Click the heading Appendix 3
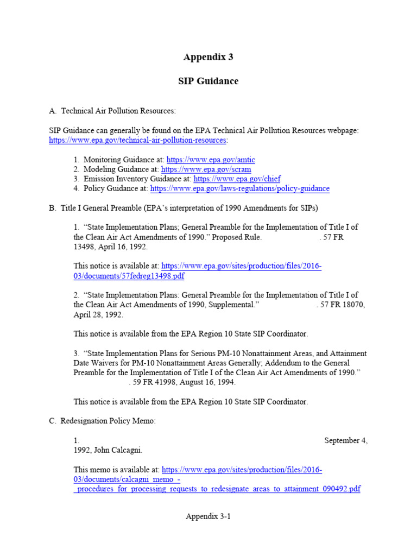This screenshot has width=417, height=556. pyautogui.click(x=208, y=57)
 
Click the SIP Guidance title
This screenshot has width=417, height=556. pyautogui.click(x=208, y=81)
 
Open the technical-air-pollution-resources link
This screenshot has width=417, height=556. pyautogui.click(x=137, y=140)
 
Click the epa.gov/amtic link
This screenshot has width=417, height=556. pyautogui.click(x=211, y=160)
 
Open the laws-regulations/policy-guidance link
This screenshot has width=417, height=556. pyautogui.click(x=239, y=188)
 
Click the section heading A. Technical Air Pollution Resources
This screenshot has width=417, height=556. pyautogui.click(x=112, y=111)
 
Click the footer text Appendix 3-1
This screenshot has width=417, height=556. pyautogui.click(x=208, y=517)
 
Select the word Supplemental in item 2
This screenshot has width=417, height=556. pyautogui.click(x=226, y=305)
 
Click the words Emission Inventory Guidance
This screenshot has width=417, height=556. pyautogui.click(x=128, y=179)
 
